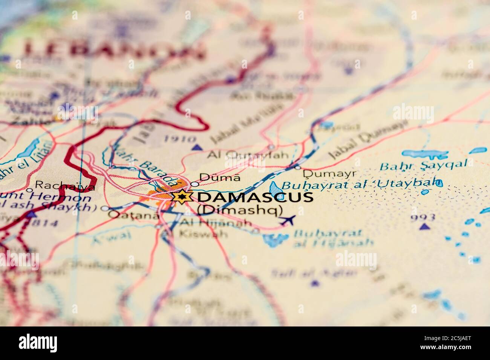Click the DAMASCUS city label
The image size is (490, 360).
click(x=255, y=197)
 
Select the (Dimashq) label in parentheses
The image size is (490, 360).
click(x=240, y=210)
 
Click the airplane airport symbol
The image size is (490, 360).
click(x=288, y=220)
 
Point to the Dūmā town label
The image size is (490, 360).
click(x=219, y=177)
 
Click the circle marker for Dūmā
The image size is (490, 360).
click(x=194, y=184)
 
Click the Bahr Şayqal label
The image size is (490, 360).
click(x=423, y=165)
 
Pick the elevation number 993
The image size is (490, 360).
click(x=423, y=217)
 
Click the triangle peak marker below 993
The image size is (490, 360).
click(x=425, y=227)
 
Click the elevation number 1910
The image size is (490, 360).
click(x=175, y=139)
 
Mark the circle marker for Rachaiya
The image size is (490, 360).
click(x=29, y=190)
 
